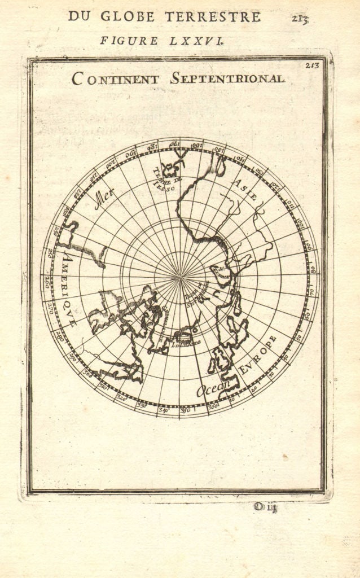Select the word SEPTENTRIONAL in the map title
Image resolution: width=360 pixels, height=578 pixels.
[227, 78]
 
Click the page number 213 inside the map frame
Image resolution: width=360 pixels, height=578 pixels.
[312, 65]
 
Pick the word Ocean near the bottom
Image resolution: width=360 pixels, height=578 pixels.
[214, 387]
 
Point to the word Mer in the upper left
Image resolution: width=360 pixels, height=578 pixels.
[104, 198]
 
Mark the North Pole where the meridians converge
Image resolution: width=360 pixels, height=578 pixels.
[181, 277]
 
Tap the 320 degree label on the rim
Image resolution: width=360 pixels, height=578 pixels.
[120, 397]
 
